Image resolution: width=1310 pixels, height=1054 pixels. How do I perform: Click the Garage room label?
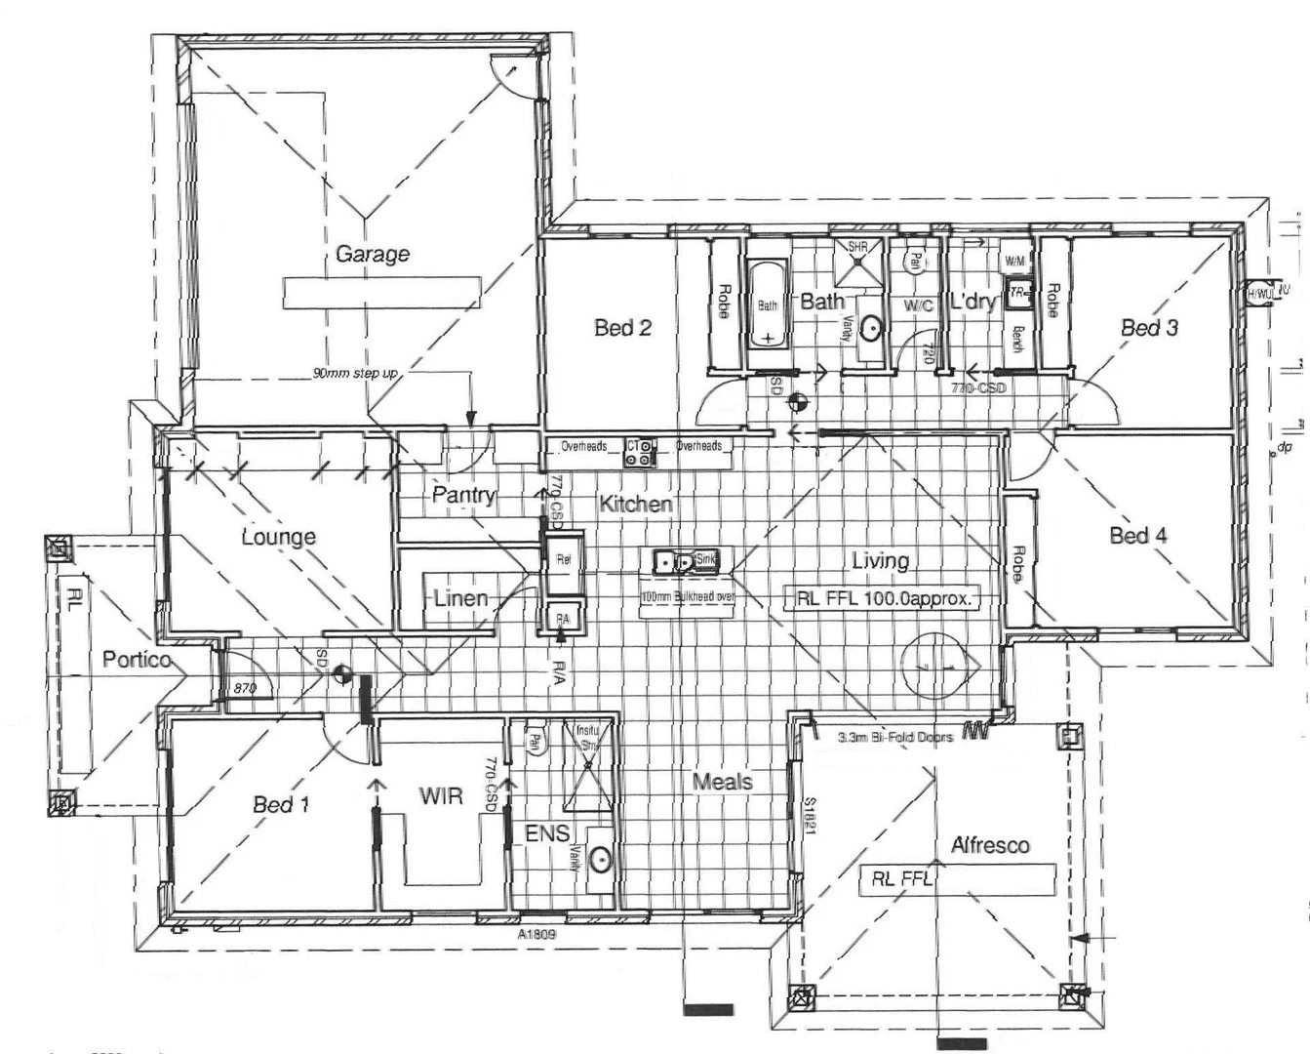click(x=372, y=255)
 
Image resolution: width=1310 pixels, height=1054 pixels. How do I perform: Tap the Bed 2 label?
click(x=622, y=328)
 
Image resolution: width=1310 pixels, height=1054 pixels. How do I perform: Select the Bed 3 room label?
click(x=1148, y=328)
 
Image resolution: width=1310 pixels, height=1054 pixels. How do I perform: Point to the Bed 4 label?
click(x=1137, y=535)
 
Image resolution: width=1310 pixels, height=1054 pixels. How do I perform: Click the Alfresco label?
click(x=990, y=845)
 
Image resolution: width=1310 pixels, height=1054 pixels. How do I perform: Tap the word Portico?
click(x=137, y=660)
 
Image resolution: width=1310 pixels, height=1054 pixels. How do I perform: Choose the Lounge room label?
click(x=279, y=537)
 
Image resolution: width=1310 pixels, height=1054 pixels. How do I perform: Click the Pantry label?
click(x=464, y=495)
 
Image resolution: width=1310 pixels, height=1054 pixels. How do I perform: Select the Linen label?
click(x=460, y=597)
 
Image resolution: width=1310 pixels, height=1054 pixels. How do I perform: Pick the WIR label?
click(x=441, y=796)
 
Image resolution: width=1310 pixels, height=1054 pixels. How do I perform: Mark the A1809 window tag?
click(x=536, y=933)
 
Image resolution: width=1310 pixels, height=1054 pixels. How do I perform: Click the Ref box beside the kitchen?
click(x=564, y=560)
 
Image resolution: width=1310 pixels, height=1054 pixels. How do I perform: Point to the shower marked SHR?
click(x=857, y=262)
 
